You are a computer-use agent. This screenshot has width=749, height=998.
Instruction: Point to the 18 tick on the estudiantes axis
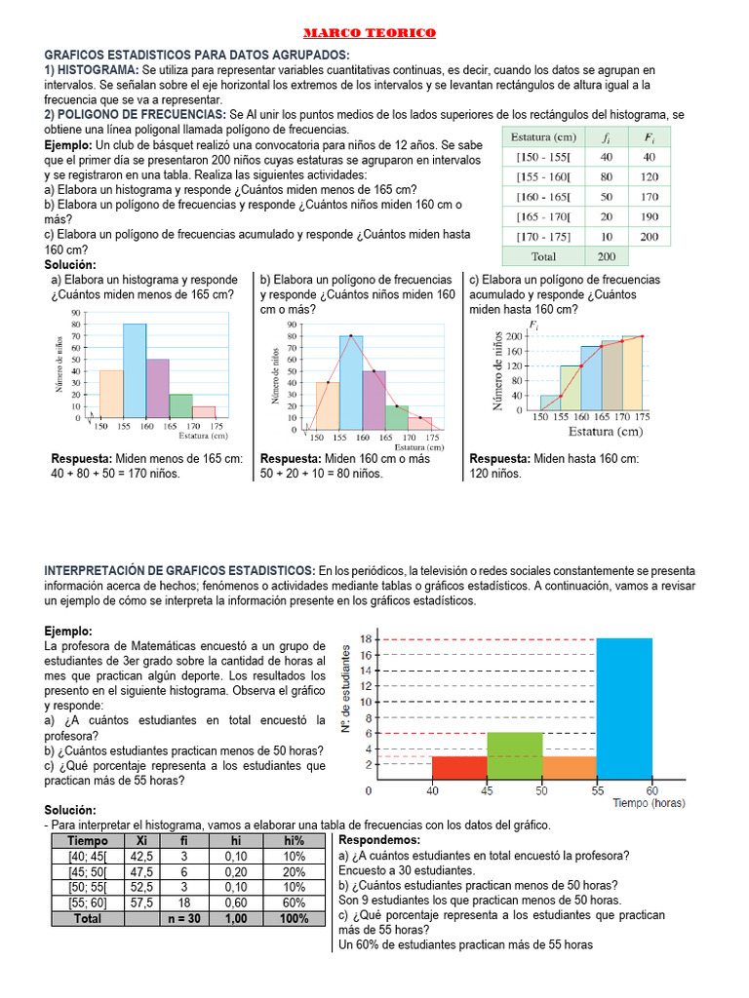tap(364, 639)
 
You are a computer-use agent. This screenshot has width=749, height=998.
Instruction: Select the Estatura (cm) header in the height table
tap(543, 137)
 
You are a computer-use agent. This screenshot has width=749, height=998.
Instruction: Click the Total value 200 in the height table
tap(607, 256)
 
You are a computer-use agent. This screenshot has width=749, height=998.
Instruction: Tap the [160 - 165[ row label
tap(543, 197)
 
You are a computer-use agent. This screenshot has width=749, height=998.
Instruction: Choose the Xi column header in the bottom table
tap(141, 840)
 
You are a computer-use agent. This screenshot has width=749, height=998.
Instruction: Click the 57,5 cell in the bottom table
tap(141, 902)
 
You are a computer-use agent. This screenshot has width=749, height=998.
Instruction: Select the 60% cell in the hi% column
tap(295, 902)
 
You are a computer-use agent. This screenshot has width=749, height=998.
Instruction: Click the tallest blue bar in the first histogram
tap(135, 371)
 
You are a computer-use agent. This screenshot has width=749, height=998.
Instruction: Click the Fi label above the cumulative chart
tap(532, 325)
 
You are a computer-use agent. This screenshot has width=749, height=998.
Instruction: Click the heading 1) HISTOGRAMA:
tap(92, 70)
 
